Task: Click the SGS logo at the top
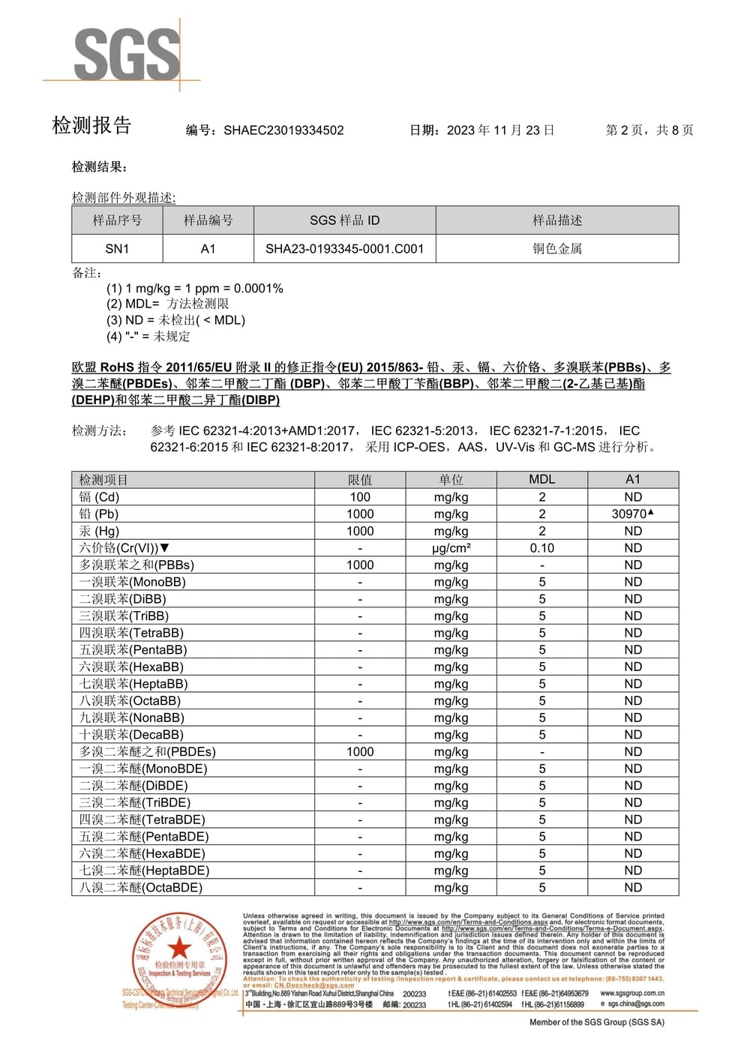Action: pyautogui.click(x=127, y=54)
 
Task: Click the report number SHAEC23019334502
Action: pyautogui.click(x=283, y=130)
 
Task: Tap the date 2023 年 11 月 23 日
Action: pyautogui.click(x=500, y=130)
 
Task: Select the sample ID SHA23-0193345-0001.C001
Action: pyautogui.click(x=344, y=249)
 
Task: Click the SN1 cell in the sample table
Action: pyautogui.click(x=117, y=249)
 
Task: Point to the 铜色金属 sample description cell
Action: pyautogui.click(x=557, y=249)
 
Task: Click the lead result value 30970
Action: pyautogui.click(x=629, y=514)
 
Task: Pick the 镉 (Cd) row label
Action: pyautogui.click(x=100, y=497)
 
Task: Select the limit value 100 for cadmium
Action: pyautogui.click(x=360, y=497)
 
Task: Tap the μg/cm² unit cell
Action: pyautogui.click(x=451, y=548)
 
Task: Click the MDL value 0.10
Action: pyautogui.click(x=541, y=548)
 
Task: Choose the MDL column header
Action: pyautogui.click(x=541, y=480)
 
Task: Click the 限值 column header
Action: pyautogui.click(x=360, y=480)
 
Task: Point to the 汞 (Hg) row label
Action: pyautogui.click(x=100, y=531)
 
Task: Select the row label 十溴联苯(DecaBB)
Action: pyautogui.click(x=131, y=735)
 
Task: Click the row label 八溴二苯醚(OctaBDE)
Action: pyautogui.click(x=141, y=888)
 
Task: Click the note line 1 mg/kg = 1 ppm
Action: pyautogui.click(x=194, y=289)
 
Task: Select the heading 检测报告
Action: pyautogui.click(x=91, y=126)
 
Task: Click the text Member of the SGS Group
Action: pyautogui.click(x=596, y=1022)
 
